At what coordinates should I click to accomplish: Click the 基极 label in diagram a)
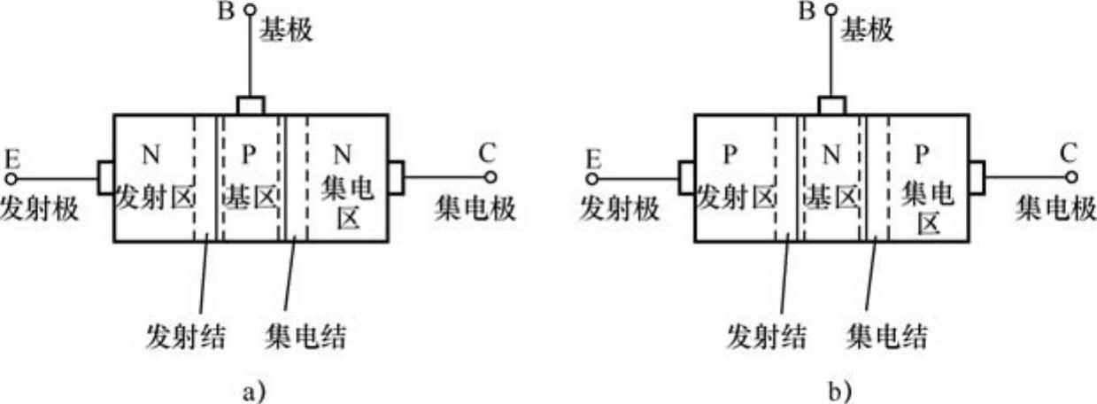tap(286, 31)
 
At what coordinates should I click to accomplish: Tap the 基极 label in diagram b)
tap(866, 31)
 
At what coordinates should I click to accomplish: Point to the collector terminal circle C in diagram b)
tap(1070, 177)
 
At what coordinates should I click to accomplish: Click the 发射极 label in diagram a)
tap(40, 209)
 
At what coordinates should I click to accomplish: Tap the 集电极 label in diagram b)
tap(1055, 209)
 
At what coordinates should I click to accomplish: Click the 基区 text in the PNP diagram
tap(830, 195)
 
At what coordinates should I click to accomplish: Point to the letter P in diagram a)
tap(249, 155)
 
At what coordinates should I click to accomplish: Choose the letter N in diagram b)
tap(830, 155)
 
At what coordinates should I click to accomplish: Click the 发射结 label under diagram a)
tap(184, 337)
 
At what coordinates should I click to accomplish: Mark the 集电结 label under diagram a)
tap(306, 337)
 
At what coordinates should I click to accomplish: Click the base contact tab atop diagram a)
tap(251, 106)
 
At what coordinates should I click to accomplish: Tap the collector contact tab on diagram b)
tap(977, 177)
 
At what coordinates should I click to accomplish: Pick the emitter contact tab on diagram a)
tap(106, 177)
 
